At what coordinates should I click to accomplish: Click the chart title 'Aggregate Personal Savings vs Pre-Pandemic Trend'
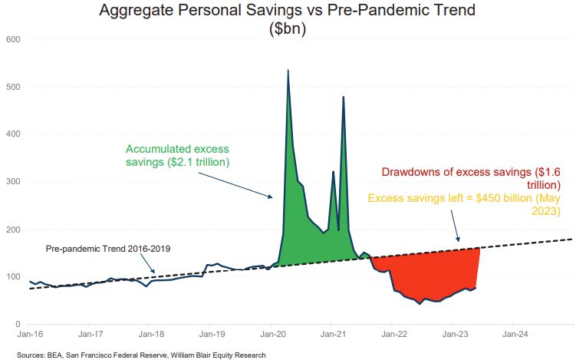point(288,11)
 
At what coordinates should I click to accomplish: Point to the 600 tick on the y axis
point(13,39)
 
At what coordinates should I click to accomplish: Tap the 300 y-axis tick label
point(13,182)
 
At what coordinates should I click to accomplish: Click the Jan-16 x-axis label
point(30,335)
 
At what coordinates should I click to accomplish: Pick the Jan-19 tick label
point(211,335)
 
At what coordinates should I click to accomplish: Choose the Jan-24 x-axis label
point(513,335)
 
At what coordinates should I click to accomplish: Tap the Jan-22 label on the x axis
point(393,335)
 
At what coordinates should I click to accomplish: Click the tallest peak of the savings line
point(288,71)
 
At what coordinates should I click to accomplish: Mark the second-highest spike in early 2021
point(343,97)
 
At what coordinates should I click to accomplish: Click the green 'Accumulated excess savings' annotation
point(177,156)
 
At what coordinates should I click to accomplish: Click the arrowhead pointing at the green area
point(270,197)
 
